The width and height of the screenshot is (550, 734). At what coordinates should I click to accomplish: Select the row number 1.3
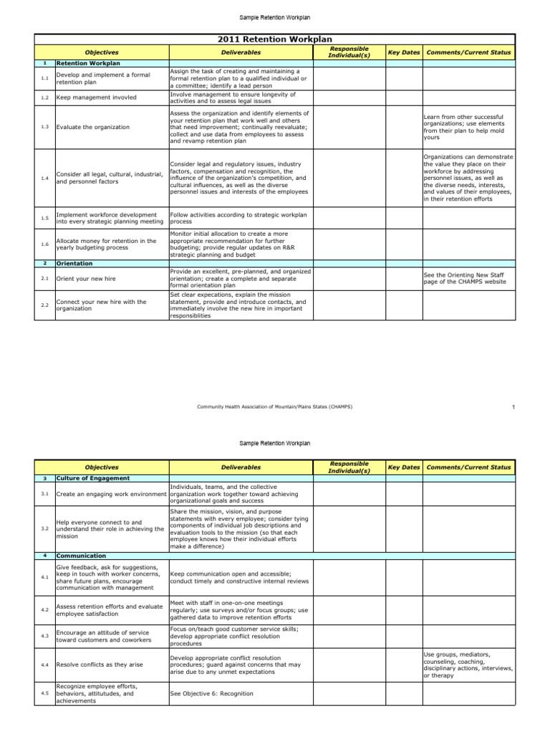coord(44,127)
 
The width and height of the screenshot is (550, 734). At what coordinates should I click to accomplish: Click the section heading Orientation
coord(74,263)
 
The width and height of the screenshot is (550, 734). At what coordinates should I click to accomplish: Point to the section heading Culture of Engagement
coord(92,478)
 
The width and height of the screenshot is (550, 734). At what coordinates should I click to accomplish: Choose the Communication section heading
coord(81,556)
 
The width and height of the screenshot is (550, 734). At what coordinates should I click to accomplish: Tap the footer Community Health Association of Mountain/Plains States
coord(274,407)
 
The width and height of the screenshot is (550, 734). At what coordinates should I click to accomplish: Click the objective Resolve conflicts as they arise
coord(99,664)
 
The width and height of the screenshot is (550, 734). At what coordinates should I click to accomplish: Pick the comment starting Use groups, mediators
coord(468,664)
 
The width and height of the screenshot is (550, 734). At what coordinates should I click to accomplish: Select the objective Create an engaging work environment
coord(111,494)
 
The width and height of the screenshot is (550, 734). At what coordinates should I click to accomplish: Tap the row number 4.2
coord(44,609)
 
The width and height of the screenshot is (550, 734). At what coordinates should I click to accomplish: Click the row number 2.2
coord(44,305)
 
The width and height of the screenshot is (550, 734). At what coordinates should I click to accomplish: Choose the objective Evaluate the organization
coord(92,127)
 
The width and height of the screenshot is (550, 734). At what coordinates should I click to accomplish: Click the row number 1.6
coord(44,244)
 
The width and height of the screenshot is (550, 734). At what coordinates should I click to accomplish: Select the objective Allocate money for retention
coord(106,244)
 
